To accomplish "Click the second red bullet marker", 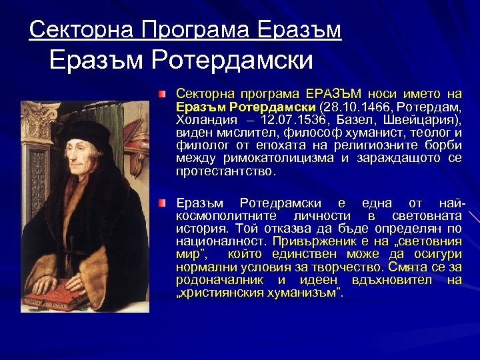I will click(163, 203).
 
